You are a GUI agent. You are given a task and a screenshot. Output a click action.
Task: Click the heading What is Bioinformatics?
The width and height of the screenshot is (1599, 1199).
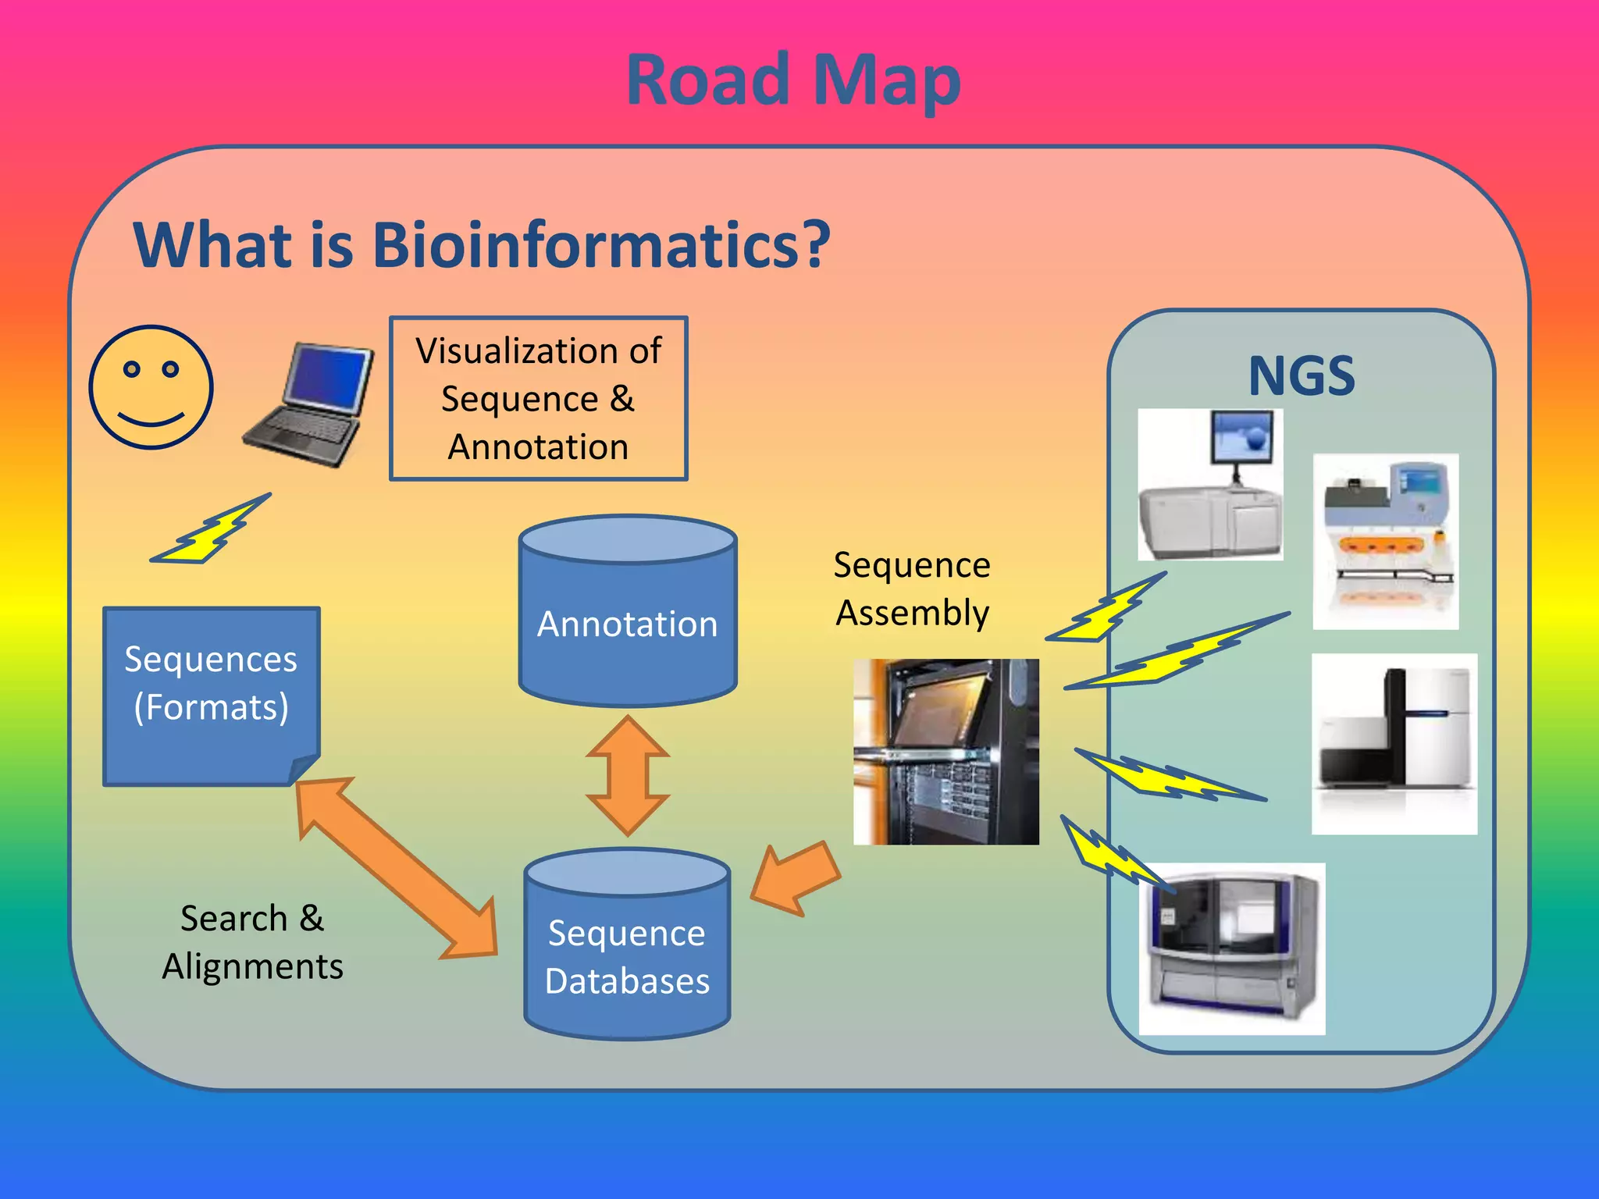tap(482, 245)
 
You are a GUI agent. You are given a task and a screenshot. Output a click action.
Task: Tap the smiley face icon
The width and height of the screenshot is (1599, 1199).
tap(151, 387)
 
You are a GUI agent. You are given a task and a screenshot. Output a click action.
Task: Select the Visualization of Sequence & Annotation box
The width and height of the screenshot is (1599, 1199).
tap(538, 398)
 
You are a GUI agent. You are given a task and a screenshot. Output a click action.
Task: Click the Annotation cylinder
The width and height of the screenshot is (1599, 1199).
tap(628, 617)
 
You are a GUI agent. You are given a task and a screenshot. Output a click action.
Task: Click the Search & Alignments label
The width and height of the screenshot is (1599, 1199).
tap(252, 942)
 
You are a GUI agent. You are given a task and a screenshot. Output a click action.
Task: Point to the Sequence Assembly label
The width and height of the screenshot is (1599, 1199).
tap(912, 589)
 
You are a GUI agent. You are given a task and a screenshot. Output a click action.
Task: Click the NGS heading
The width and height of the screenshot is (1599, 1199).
tap(1301, 376)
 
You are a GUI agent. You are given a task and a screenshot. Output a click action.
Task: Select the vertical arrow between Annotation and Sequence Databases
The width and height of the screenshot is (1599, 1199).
tap(628, 776)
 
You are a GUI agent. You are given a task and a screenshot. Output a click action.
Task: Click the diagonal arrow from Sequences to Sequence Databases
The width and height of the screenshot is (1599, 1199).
tap(396, 866)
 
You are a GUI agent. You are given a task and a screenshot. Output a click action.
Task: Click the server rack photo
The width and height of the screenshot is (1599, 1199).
tap(946, 751)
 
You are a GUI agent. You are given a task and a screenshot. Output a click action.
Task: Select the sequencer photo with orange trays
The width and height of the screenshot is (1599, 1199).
tap(1385, 542)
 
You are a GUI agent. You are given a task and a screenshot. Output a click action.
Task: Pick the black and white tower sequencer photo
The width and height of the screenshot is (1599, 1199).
tap(1394, 743)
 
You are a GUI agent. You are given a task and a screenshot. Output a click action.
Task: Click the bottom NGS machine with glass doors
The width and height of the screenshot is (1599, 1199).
tap(1231, 949)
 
